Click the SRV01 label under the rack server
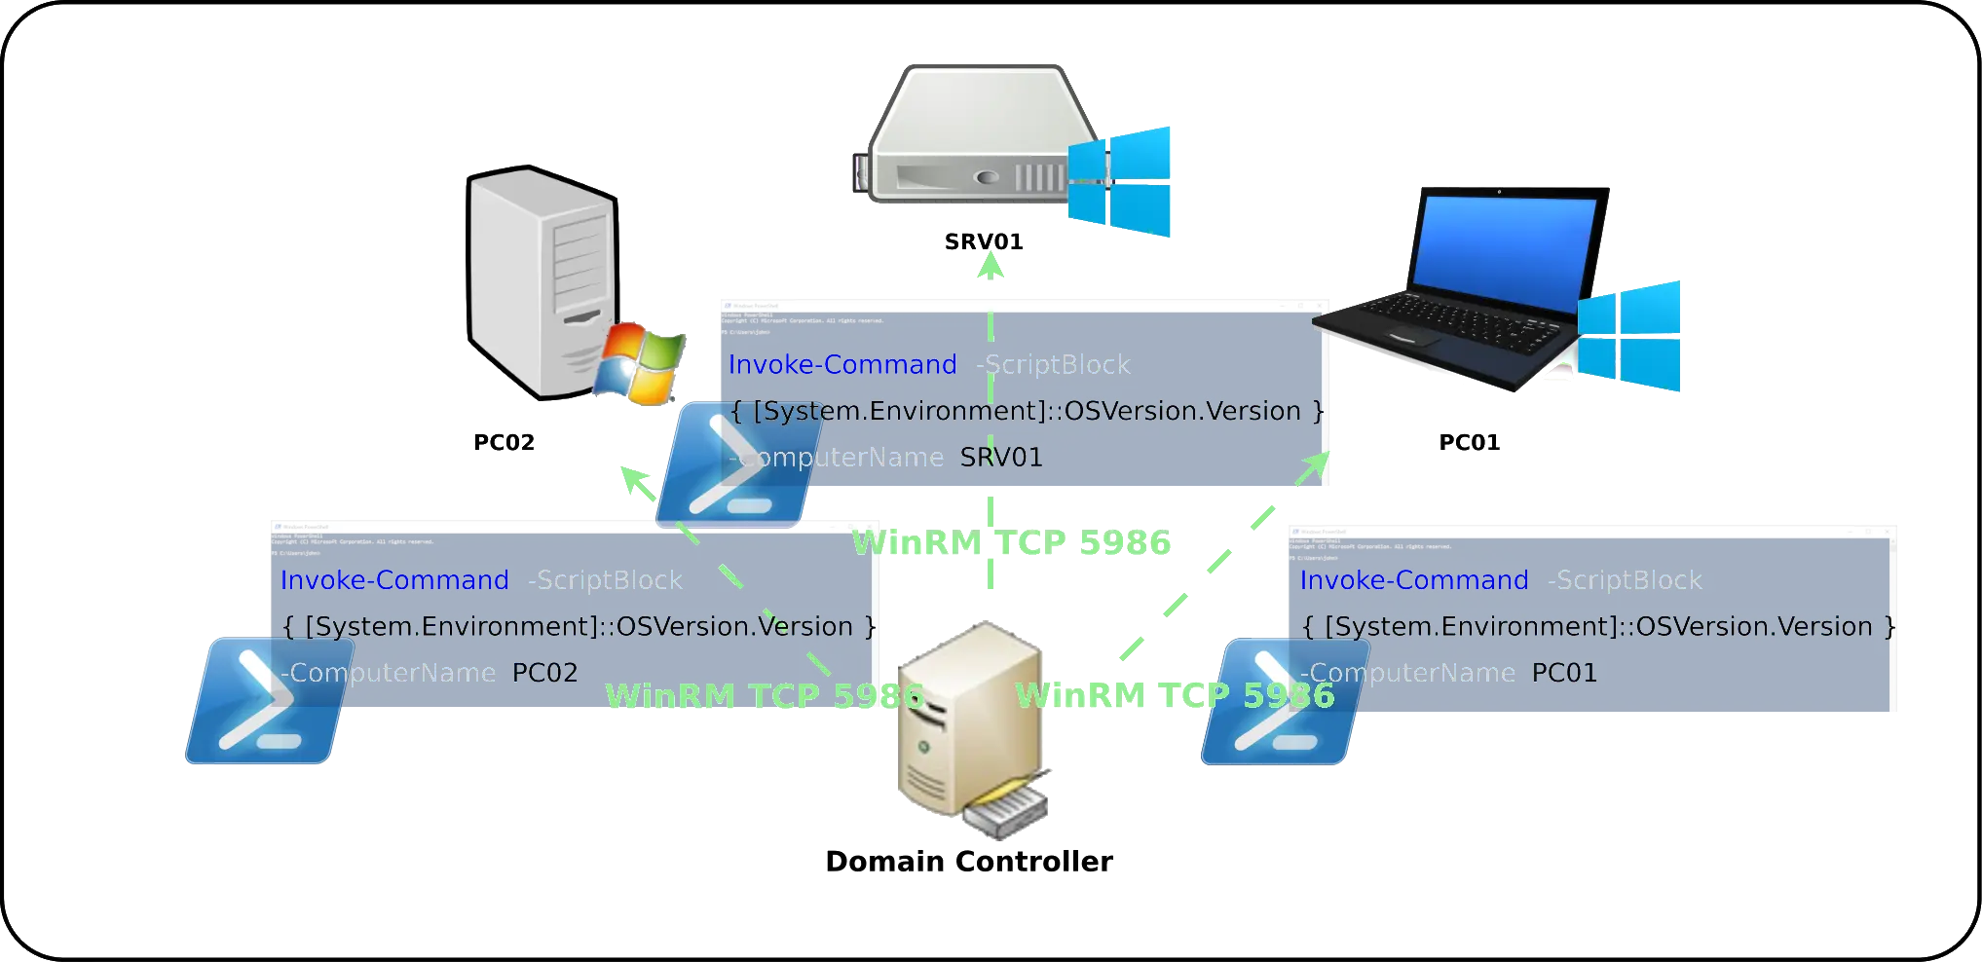tap(984, 240)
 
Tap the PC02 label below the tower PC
tap(506, 443)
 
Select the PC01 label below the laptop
tap(1471, 443)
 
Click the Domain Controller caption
tap(969, 862)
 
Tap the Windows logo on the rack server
tap(1121, 182)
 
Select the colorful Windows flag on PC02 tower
tap(640, 362)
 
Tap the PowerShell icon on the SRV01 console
tap(734, 464)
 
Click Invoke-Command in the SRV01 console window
tap(843, 365)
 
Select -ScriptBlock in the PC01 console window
tap(1625, 580)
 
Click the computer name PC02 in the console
tap(545, 673)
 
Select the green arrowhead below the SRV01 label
tap(990, 266)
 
